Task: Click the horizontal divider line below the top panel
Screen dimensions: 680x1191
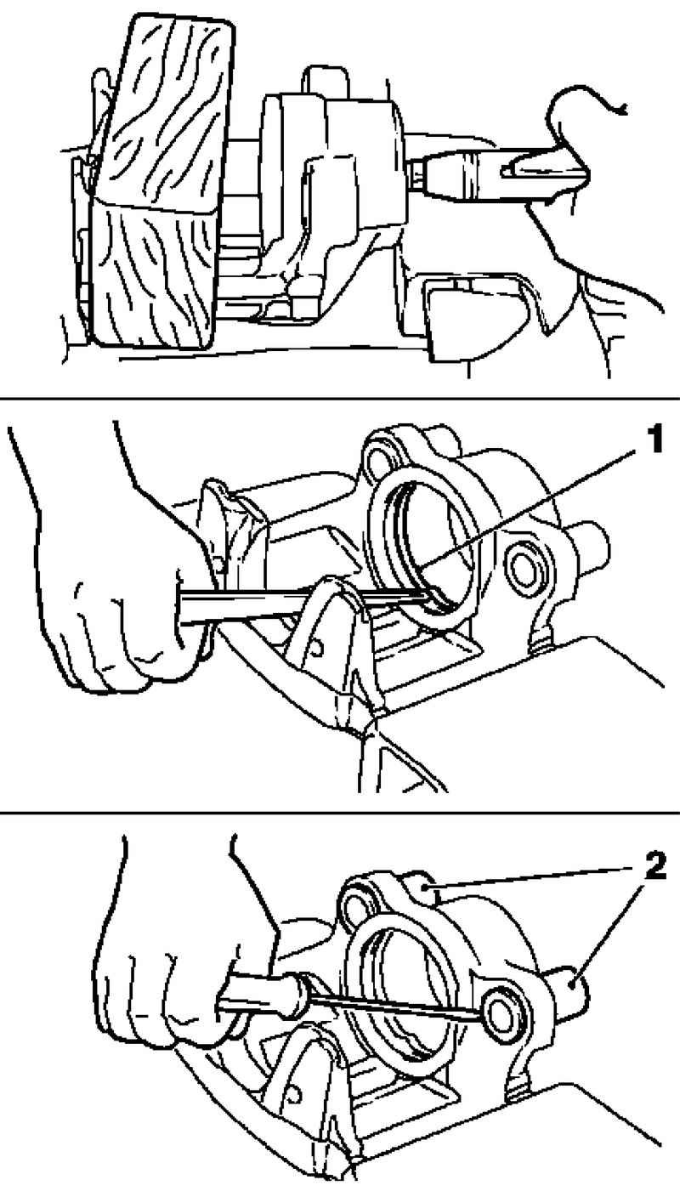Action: tap(340, 398)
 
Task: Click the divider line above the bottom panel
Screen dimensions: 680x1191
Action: tap(340, 812)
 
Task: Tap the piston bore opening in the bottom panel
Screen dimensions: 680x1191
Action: tap(404, 989)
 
